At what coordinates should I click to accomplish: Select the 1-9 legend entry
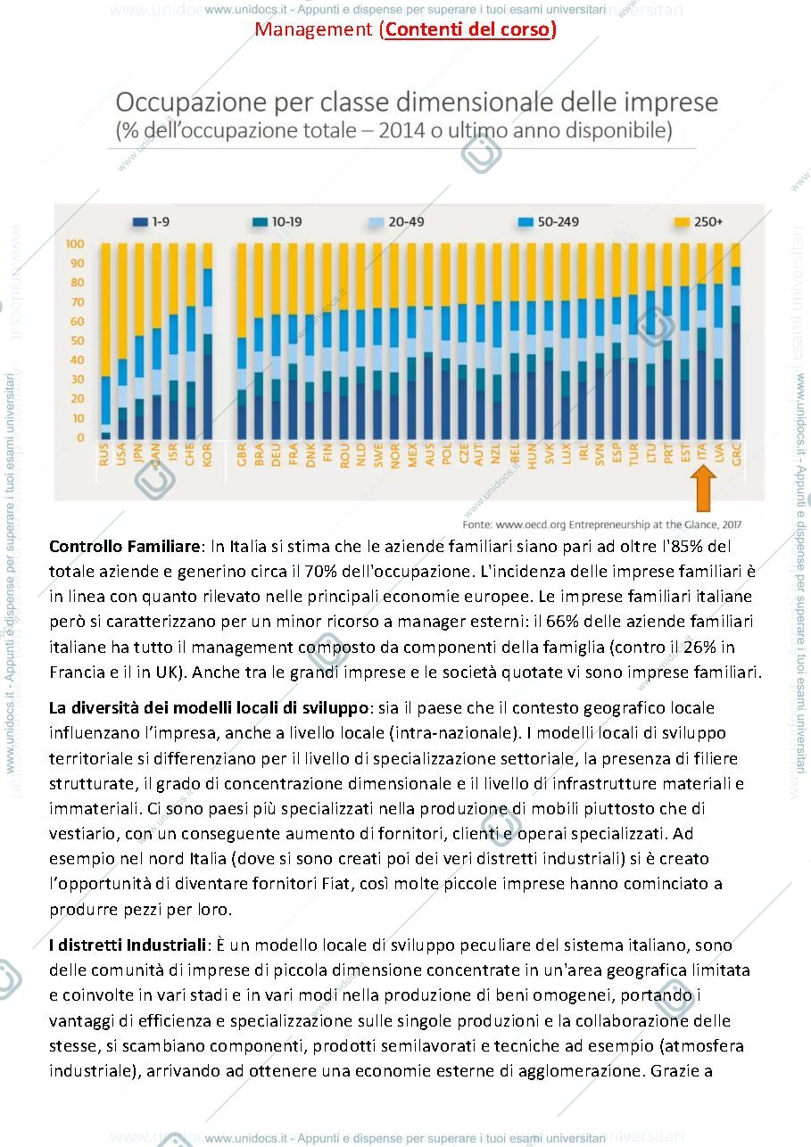[151, 222]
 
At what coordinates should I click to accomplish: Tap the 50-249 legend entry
[549, 222]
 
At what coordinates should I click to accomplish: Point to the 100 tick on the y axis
[75, 243]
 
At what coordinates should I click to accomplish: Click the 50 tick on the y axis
[78, 341]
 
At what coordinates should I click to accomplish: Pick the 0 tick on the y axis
[80, 437]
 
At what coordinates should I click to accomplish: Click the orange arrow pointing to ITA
[703, 488]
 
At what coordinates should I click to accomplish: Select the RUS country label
[104, 454]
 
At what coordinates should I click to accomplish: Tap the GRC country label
[736, 454]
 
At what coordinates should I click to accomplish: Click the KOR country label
[208, 454]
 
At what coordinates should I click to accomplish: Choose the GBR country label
[242, 454]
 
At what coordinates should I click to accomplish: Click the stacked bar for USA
[122, 341]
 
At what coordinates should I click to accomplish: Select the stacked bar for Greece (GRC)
[736, 341]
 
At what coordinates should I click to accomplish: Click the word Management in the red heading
[313, 29]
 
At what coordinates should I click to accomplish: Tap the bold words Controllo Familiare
[125, 547]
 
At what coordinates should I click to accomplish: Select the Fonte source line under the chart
[602, 524]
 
